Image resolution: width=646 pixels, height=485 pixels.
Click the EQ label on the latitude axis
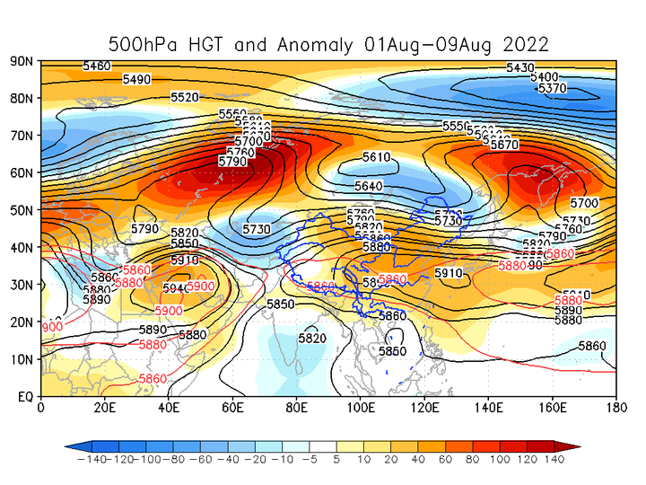click(x=25, y=396)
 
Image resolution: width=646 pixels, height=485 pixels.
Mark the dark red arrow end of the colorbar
click(x=575, y=446)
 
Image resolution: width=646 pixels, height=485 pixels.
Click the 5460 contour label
click(x=96, y=66)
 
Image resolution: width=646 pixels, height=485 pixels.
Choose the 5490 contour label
click(x=136, y=79)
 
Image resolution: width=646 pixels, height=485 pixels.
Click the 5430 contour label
click(x=520, y=67)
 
